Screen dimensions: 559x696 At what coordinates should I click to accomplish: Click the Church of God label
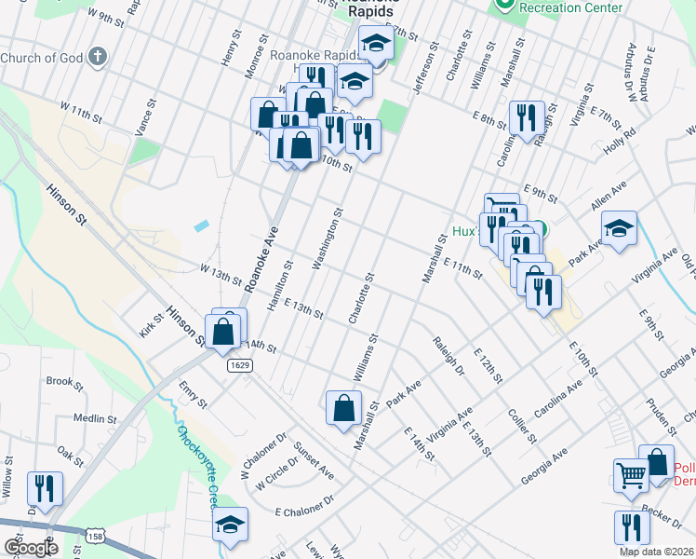coord(42,58)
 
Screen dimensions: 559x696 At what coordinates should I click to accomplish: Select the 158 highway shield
coord(95,537)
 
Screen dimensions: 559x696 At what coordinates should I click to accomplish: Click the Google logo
coord(31,547)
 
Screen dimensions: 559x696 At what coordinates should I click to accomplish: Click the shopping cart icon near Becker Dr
coord(631,475)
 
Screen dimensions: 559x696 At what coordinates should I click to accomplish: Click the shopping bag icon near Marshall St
coord(343,407)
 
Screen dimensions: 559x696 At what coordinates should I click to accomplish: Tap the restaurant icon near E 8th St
coord(527,117)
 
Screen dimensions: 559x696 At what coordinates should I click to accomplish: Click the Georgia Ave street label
coord(544,466)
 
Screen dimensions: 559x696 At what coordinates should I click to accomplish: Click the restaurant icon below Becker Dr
coord(633,527)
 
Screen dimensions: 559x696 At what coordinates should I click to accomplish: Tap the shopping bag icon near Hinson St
coord(223,331)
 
